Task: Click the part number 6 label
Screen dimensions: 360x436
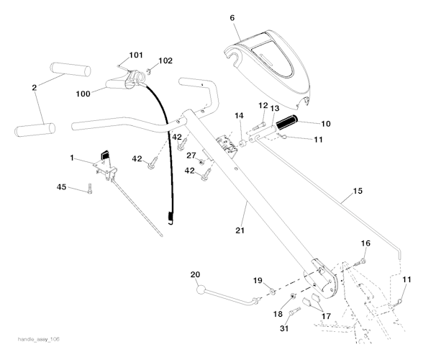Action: point(232,17)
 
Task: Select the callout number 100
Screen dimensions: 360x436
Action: point(83,94)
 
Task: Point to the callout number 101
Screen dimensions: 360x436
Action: point(136,55)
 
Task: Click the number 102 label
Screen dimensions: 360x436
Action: point(165,60)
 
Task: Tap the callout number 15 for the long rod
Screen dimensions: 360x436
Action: point(357,193)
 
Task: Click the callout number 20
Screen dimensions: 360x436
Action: point(194,274)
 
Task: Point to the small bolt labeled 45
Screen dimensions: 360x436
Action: point(89,190)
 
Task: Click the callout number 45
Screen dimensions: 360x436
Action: point(63,187)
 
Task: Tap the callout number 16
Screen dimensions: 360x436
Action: point(365,244)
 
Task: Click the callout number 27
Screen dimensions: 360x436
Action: point(191,156)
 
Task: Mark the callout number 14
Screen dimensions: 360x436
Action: point(238,115)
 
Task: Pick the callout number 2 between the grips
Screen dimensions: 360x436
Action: point(34,87)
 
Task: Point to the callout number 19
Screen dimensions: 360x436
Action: point(257,279)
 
